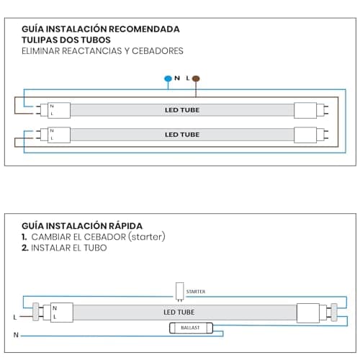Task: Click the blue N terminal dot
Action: click(168, 78)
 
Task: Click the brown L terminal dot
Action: click(196, 78)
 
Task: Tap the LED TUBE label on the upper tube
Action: click(182, 110)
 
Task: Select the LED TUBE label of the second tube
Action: click(182, 135)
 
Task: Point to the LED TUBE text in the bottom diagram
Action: click(179, 312)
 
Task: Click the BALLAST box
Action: click(191, 328)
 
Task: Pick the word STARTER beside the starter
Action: click(196, 292)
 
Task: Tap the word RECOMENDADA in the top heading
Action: click(144, 29)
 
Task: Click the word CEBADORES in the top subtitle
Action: click(158, 51)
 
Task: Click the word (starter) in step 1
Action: click(147, 237)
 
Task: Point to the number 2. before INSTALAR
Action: click(25, 248)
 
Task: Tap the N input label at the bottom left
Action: click(16, 335)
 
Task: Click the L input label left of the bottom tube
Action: click(15, 318)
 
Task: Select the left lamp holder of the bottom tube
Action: click(36, 312)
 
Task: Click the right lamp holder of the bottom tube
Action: click(334, 312)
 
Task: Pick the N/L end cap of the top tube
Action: click(59, 110)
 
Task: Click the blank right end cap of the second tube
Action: click(305, 135)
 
